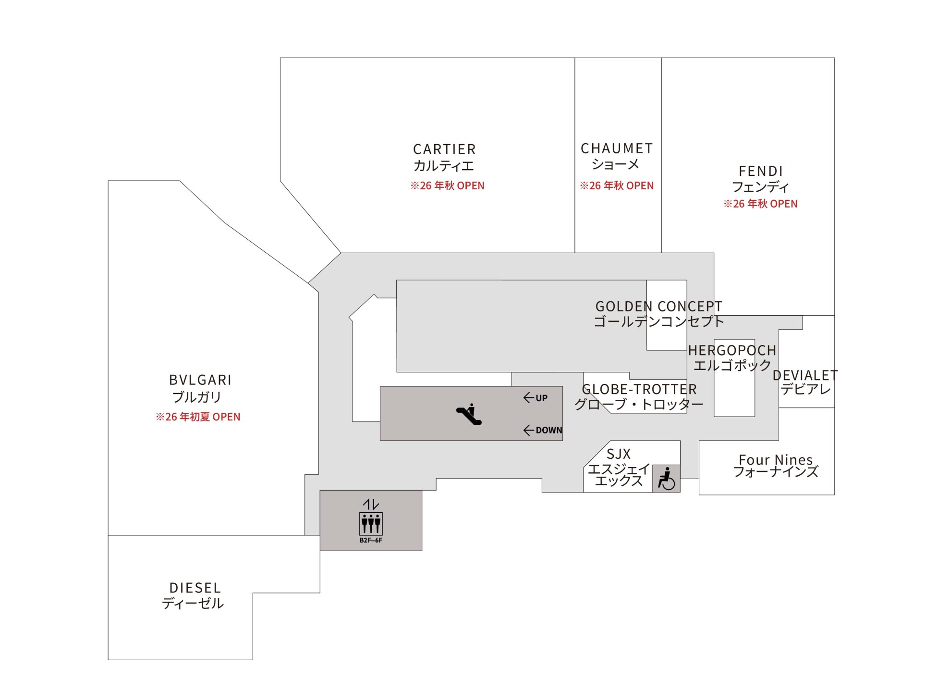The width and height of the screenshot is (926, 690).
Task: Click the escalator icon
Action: pyautogui.click(x=469, y=414)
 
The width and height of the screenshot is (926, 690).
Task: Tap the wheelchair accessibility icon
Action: pyautogui.click(x=666, y=479)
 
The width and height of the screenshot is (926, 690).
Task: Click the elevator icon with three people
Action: pyautogui.click(x=371, y=524)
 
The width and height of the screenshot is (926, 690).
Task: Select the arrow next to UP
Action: pyautogui.click(x=529, y=398)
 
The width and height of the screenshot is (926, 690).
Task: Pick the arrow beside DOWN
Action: pyautogui.click(x=529, y=430)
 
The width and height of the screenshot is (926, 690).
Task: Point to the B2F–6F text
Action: pyautogui.click(x=371, y=540)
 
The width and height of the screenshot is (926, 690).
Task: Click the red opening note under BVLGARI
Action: pyautogui.click(x=198, y=417)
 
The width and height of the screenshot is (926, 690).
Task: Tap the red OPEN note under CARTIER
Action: pyautogui.click(x=447, y=186)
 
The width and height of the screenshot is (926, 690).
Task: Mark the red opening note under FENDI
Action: pyautogui.click(x=760, y=204)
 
